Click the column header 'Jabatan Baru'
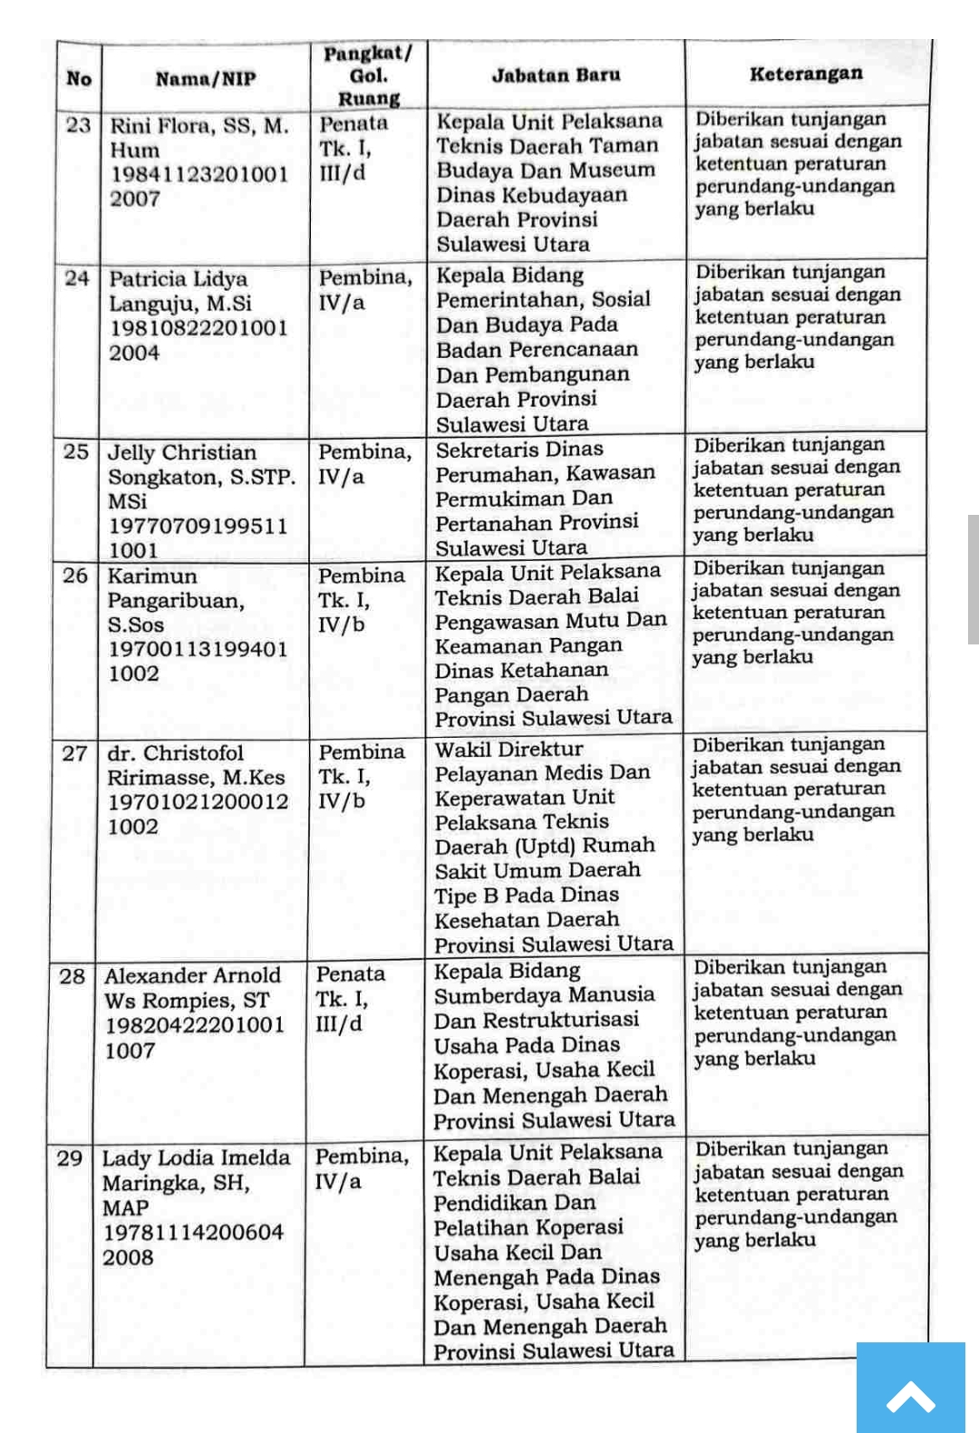click(x=556, y=75)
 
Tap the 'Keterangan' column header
click(x=806, y=73)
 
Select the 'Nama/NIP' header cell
click(x=206, y=79)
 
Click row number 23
click(x=79, y=124)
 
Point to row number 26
click(x=75, y=576)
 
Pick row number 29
click(x=70, y=1158)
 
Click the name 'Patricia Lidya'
click(x=179, y=278)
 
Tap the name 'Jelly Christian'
click(x=182, y=452)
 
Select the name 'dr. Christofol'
click(x=176, y=753)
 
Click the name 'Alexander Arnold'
click(x=193, y=976)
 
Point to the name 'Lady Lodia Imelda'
click(x=196, y=1158)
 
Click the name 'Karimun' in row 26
click(x=152, y=576)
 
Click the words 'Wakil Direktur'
click(x=509, y=750)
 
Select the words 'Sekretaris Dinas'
click(x=519, y=450)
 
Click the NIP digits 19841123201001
click(x=199, y=174)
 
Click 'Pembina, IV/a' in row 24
click(x=364, y=290)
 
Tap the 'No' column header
click(x=79, y=79)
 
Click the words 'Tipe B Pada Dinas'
click(x=527, y=896)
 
